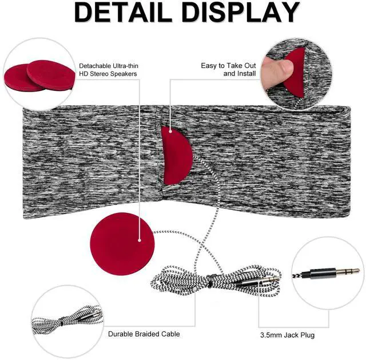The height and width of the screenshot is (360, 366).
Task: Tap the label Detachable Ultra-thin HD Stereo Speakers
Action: coord(108,70)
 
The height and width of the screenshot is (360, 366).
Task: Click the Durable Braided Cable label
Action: coord(144,334)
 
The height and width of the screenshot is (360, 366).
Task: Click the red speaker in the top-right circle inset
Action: coord(296,72)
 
